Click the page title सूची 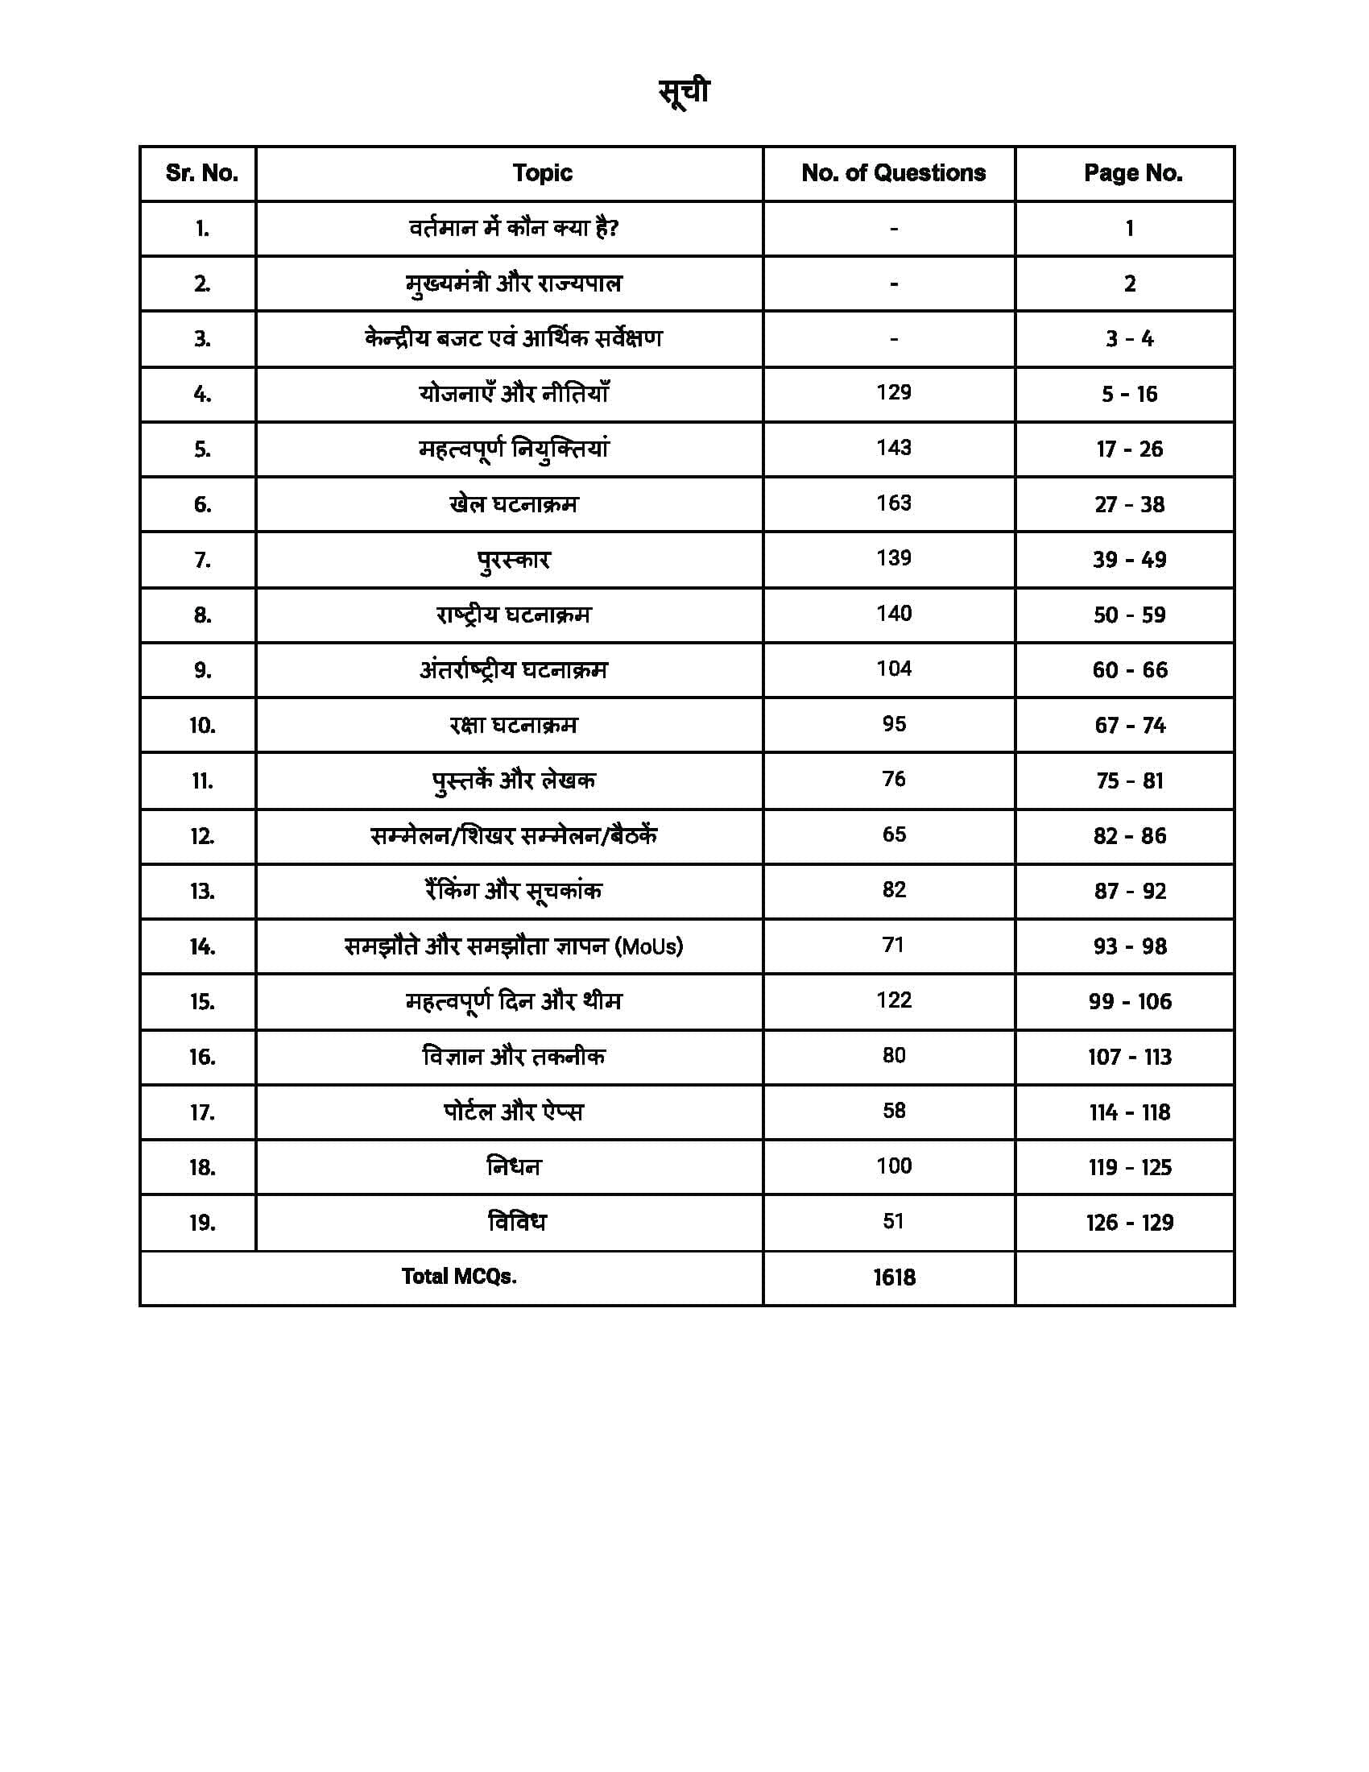coord(684,92)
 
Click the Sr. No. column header coord(202,173)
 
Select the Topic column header coord(542,173)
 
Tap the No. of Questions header coord(893,173)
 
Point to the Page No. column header coord(1132,173)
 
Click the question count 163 coord(893,503)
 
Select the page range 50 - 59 coord(1129,615)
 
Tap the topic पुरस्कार coord(514,560)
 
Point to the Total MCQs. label coord(459,1277)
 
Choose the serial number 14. coord(202,947)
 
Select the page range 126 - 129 coord(1129,1223)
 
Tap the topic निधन coord(514,1167)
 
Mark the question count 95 coord(894,724)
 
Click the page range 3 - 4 coord(1129,338)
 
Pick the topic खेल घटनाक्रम coord(514,504)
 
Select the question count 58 coord(894,1111)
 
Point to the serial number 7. coord(202,560)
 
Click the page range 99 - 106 coord(1130,1002)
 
